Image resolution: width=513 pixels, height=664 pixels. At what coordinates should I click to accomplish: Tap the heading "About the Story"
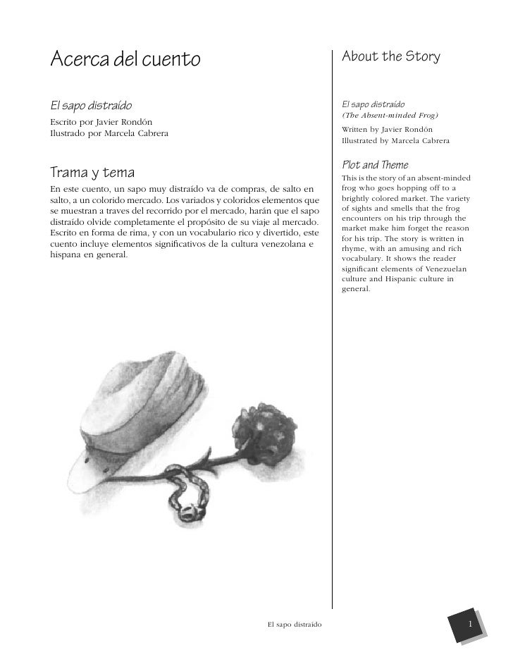coord(390,56)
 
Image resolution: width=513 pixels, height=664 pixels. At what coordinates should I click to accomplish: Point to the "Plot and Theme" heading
coord(374,165)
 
